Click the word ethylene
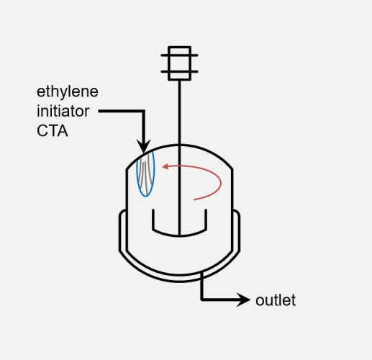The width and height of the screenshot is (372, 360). click(68, 92)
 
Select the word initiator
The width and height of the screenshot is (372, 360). click(63, 111)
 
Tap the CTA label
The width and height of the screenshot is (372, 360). click(53, 131)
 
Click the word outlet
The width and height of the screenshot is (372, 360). click(276, 300)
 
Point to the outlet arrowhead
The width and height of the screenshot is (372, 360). click(243, 300)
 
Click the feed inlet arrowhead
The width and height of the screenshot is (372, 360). click(143, 146)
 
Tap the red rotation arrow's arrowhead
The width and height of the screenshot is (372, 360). click(165, 166)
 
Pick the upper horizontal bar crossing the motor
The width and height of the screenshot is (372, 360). click(179, 55)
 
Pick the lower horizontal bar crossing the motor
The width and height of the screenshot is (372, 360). click(179, 71)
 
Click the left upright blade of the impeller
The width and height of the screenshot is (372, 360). click(153, 220)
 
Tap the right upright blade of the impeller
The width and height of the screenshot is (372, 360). click(206, 220)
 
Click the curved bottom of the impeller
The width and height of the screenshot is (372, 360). click(179, 236)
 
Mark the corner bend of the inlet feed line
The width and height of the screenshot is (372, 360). click(144, 111)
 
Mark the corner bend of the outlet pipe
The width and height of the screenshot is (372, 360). click(202, 300)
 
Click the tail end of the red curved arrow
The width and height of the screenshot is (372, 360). click(194, 199)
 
